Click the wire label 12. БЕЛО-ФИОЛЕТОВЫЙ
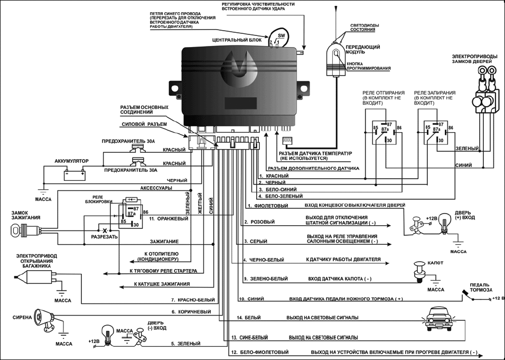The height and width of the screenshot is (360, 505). (259, 352)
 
